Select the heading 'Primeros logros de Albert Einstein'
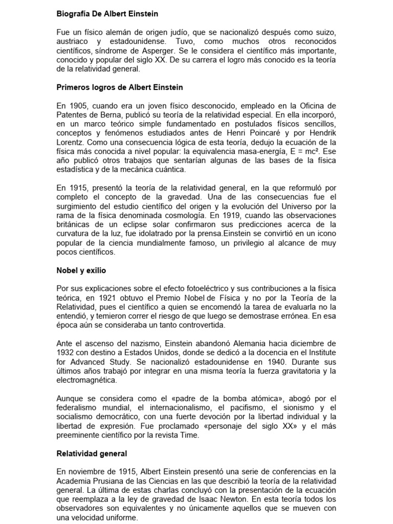pyautogui.click(x=120, y=88)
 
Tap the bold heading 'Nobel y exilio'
pyautogui.click(x=81, y=270)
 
